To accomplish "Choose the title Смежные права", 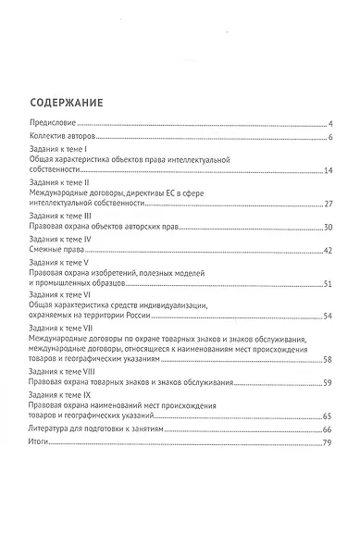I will pyautogui.click(x=58, y=250).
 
